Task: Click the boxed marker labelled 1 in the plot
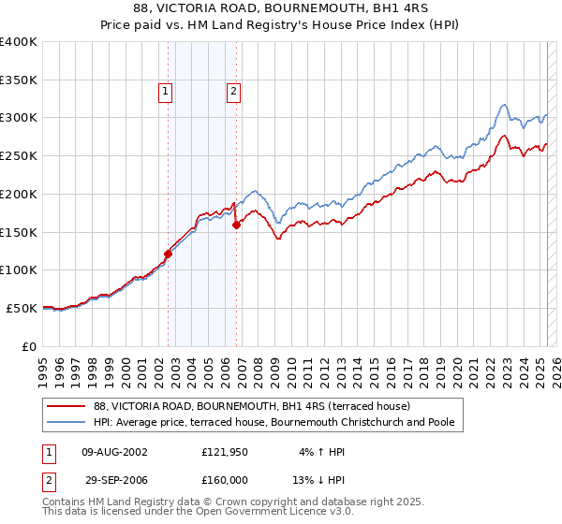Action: pyautogui.click(x=165, y=92)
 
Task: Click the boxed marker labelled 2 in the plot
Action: pyautogui.click(x=232, y=92)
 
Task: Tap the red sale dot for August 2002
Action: pyautogui.click(x=169, y=254)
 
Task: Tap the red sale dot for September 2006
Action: pyautogui.click(x=237, y=225)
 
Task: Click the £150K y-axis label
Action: pyautogui.click(x=19, y=232)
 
